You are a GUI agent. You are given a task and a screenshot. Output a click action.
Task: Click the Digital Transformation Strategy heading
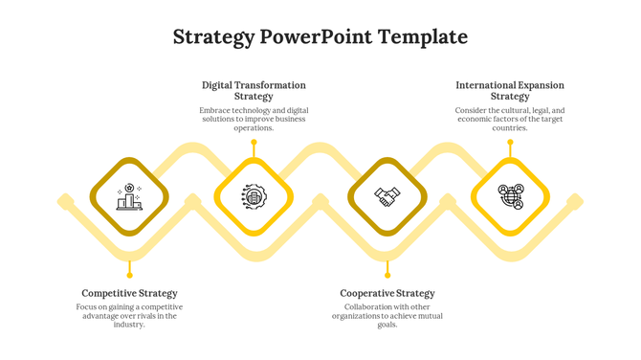[x=254, y=91]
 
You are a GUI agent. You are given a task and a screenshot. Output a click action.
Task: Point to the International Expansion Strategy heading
[x=510, y=91]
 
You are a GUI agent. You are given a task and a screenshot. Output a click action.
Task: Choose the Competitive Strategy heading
[x=129, y=293]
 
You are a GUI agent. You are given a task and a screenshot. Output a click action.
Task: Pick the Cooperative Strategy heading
[x=387, y=293]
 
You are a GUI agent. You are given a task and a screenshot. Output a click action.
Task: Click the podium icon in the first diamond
[x=129, y=197]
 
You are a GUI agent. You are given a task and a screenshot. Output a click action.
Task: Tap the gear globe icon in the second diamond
[x=254, y=197]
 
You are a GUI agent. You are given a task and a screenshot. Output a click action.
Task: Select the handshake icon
[x=387, y=197]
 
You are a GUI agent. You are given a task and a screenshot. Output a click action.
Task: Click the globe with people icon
[x=511, y=197]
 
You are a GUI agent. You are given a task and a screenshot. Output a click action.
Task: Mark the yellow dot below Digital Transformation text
[x=254, y=143]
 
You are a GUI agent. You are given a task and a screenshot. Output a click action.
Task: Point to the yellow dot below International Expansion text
[x=510, y=143]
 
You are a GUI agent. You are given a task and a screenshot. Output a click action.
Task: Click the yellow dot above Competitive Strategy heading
[x=129, y=275]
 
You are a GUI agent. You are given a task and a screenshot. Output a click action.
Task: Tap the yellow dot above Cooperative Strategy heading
[x=387, y=275]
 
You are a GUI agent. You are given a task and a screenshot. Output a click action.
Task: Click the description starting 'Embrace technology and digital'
[x=254, y=119]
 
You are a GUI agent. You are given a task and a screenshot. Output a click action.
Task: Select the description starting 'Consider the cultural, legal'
[x=510, y=119]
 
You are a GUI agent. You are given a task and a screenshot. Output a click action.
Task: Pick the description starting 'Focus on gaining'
[x=129, y=315]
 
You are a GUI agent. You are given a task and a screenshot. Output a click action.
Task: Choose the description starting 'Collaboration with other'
[x=387, y=315]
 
